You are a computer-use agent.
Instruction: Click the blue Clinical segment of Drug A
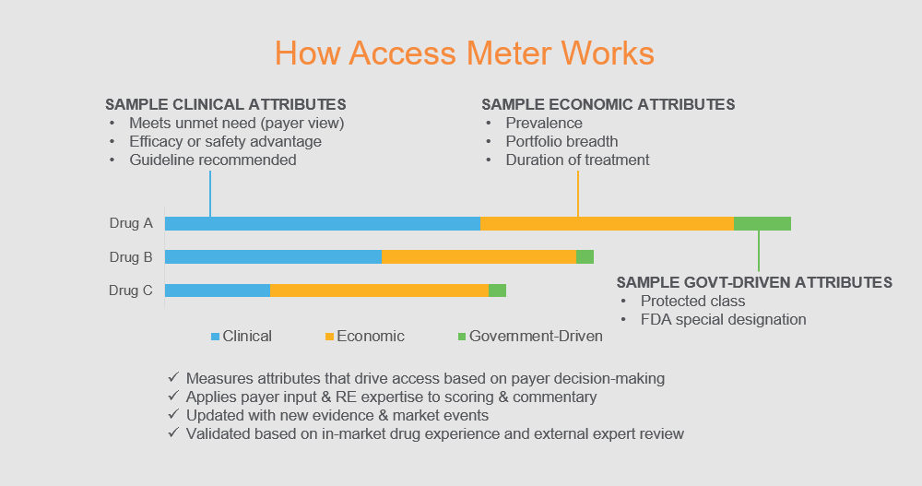323,223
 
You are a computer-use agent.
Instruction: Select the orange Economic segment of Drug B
479,257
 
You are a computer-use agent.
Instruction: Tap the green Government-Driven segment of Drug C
498,290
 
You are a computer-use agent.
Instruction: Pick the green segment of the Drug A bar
762,223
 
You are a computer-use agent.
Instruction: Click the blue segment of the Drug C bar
218,290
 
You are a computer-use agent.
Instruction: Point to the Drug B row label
131,257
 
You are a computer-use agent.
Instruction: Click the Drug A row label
131,223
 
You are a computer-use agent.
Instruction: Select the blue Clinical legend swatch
215,337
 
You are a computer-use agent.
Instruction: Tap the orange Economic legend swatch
329,337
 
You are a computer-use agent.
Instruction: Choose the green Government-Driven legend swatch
462,337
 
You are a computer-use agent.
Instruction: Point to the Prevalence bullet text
544,123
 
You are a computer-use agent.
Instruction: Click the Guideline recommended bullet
213,160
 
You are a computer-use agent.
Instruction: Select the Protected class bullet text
692,302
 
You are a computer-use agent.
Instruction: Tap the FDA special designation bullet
723,319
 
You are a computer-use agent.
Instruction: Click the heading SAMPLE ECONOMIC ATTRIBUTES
608,105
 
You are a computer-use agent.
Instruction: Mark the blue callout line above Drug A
210,194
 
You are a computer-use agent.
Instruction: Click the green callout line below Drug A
759,251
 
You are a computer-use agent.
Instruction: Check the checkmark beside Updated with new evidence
173,414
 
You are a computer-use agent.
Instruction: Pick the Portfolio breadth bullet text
561,142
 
